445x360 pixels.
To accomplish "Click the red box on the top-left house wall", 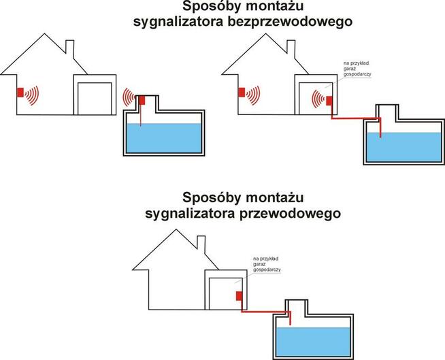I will coord(20,92).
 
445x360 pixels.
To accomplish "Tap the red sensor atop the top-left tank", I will coord(142,100).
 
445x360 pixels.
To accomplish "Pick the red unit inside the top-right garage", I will coord(329,101).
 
